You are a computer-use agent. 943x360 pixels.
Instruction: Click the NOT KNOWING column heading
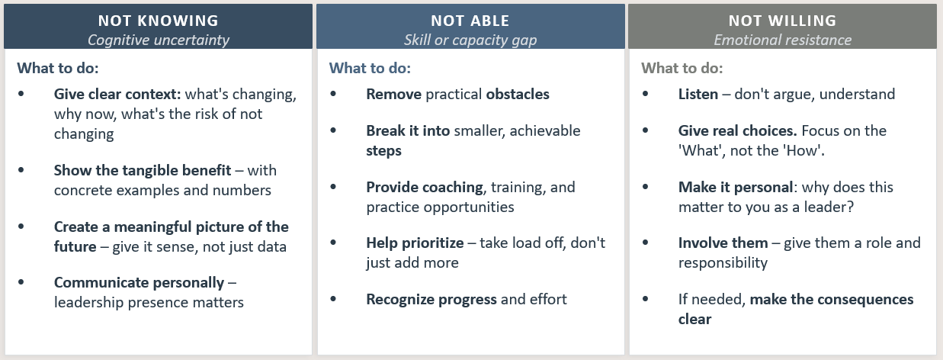[159, 21]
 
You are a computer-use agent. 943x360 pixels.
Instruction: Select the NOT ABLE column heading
[470, 21]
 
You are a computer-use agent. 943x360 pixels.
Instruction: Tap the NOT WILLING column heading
[782, 21]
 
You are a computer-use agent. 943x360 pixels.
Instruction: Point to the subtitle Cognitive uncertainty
[159, 40]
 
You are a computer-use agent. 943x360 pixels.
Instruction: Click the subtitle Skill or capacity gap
[470, 40]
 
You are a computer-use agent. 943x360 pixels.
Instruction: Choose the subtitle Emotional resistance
[782, 40]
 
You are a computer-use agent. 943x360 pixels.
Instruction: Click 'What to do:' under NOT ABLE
[370, 68]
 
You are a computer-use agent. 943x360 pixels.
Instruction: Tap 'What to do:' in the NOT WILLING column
[682, 68]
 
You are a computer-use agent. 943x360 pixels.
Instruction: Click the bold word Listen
[698, 94]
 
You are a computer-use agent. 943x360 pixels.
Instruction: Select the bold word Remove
[393, 94]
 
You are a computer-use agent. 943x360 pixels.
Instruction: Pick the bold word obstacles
[518, 94]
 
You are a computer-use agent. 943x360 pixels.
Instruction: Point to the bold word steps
[383, 151]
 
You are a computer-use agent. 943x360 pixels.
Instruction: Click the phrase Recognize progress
[431, 300]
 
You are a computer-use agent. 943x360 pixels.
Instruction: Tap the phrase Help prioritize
[415, 243]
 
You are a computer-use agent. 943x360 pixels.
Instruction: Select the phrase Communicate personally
[139, 282]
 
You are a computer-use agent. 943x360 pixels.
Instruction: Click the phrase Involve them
[723, 243]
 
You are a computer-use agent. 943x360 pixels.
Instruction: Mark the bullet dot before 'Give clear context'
[21, 94]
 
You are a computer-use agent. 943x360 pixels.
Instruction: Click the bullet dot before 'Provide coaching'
[333, 187]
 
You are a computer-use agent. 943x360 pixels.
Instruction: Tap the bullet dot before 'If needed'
[646, 299]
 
